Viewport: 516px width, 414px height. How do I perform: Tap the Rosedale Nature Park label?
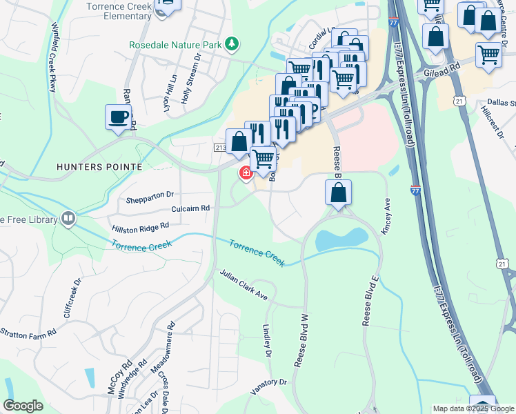[176, 45]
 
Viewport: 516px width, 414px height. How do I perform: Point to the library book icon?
[68, 219]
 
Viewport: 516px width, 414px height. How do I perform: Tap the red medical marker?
[245, 173]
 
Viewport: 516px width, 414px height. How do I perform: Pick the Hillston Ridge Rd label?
[140, 226]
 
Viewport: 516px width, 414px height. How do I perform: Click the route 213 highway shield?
[220, 148]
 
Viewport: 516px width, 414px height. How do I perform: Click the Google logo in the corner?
[23, 406]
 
